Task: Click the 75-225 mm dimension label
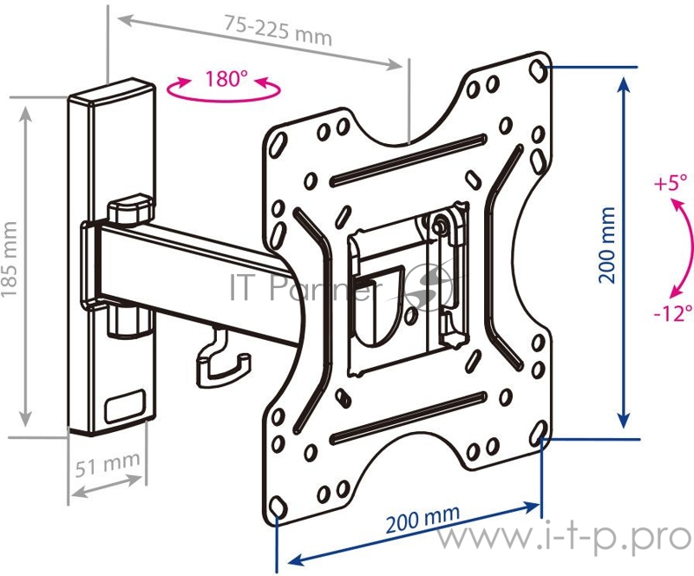tap(278, 30)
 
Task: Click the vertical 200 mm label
tap(606, 245)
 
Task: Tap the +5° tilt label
tap(671, 182)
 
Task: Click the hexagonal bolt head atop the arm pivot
tap(131, 209)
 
